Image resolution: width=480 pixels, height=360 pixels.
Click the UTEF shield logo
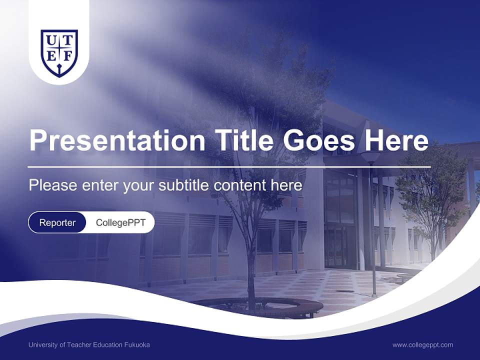[59, 52]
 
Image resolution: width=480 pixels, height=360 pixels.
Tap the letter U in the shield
[50, 39]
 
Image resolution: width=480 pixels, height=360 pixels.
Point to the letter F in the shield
[68, 56]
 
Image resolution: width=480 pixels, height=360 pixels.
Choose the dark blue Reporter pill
[57, 222]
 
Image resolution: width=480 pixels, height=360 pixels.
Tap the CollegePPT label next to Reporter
[120, 222]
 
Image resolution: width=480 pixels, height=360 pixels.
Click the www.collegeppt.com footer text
[422, 344]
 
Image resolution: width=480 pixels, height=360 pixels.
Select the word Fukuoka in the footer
[136, 344]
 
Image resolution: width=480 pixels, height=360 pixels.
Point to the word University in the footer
[42, 344]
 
